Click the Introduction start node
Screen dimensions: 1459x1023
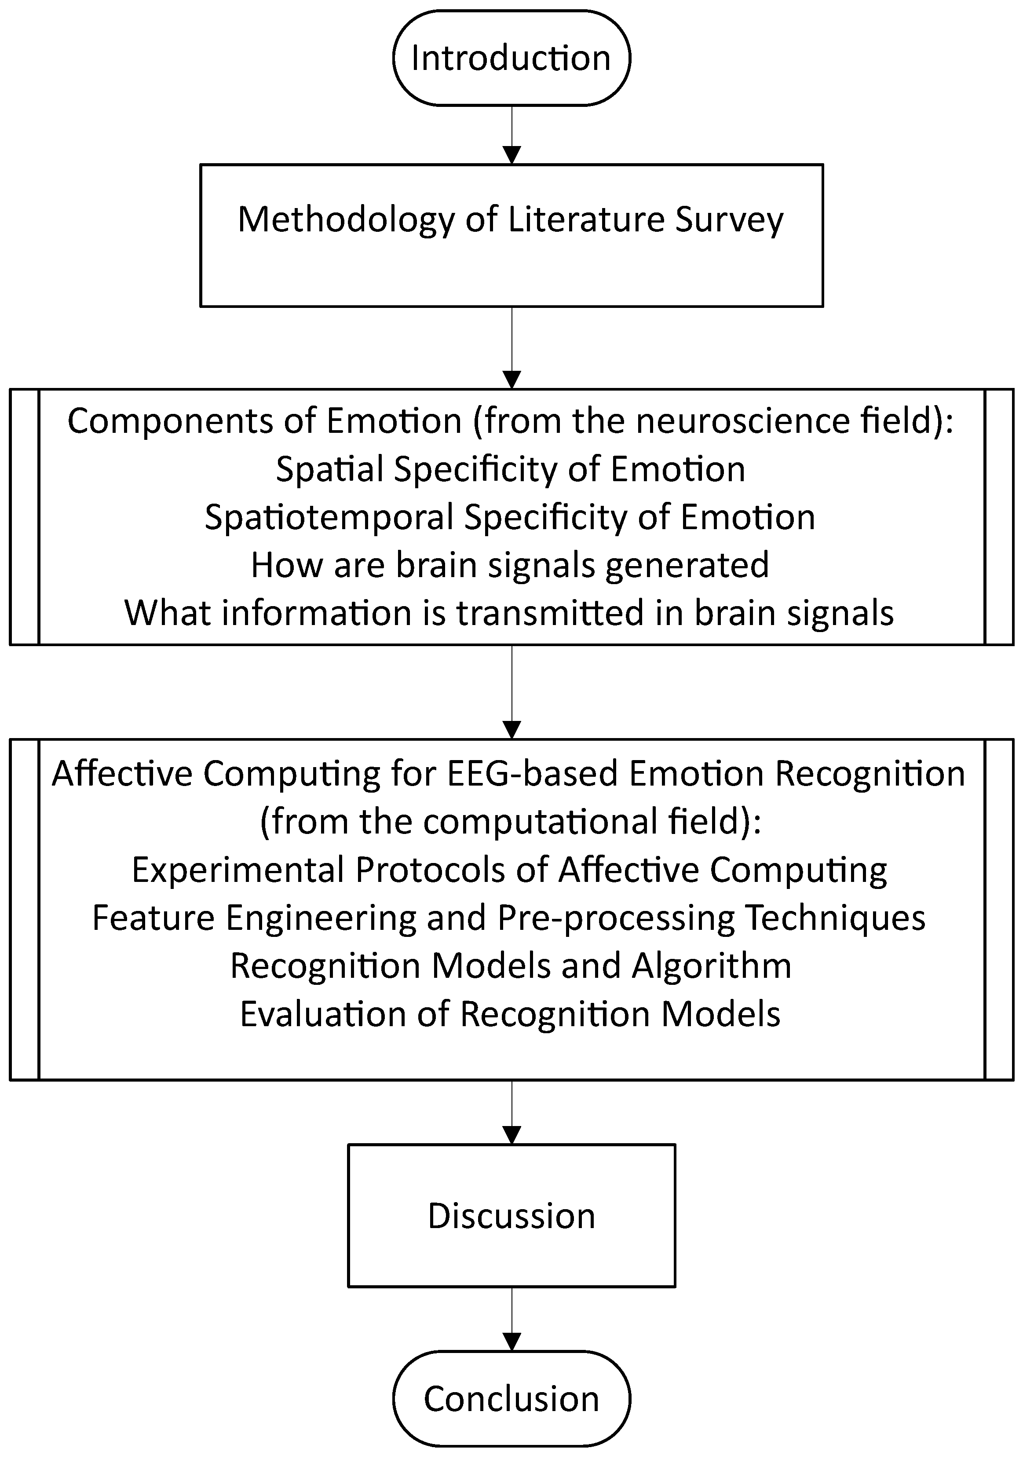click(511, 58)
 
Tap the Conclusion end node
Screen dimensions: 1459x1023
click(511, 1399)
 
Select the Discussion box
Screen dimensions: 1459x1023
click(511, 1216)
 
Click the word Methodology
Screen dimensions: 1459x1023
click(346, 220)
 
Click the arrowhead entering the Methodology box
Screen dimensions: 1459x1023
click(511, 154)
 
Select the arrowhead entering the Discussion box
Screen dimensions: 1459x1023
click(511, 1134)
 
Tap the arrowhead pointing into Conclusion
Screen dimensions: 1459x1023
click(511, 1342)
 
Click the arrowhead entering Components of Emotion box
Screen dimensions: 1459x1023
click(511, 379)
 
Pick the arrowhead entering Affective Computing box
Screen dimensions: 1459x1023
click(511, 729)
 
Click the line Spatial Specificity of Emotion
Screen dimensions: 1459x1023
click(510, 470)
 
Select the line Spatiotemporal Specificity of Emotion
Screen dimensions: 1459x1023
click(510, 517)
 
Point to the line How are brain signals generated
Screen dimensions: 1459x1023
click(510, 565)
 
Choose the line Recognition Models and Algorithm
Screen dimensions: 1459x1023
click(510, 966)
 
